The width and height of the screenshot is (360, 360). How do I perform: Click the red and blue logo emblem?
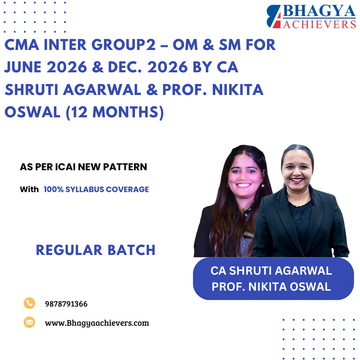(x=274, y=17)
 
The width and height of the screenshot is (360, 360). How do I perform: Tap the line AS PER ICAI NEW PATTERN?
(x=83, y=167)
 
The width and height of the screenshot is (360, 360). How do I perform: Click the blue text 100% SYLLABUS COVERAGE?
(x=96, y=190)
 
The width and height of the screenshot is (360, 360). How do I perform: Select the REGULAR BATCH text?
(x=96, y=250)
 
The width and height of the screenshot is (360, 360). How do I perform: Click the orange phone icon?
(x=29, y=303)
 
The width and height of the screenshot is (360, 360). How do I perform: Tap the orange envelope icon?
(x=29, y=322)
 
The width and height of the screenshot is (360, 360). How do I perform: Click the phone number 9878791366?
(x=66, y=304)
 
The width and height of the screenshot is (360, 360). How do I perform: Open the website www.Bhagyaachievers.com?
(x=97, y=323)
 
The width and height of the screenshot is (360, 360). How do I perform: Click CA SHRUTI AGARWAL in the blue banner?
(x=271, y=271)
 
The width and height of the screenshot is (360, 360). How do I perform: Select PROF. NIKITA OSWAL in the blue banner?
(x=271, y=286)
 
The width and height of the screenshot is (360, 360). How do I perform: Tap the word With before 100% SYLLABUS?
(x=29, y=190)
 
